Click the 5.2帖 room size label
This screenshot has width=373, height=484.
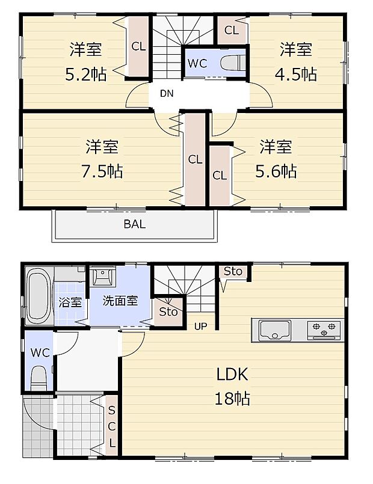coord(86,75)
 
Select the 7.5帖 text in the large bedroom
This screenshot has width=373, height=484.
coord(102,171)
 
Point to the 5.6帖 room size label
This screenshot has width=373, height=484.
coord(276,171)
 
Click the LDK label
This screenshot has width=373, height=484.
coord(233,374)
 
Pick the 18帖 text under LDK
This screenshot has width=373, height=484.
coord(233,398)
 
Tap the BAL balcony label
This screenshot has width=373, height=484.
coord(135,225)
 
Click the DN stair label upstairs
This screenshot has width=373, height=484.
coord(167,93)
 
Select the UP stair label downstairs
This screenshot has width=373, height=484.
coord(200,326)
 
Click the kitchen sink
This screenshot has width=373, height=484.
coord(275,330)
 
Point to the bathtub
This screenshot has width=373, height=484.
coord(39,296)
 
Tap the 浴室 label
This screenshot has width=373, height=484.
coord(70,302)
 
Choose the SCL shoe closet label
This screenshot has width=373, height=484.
coord(111,427)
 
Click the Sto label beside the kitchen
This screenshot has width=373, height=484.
coord(233,271)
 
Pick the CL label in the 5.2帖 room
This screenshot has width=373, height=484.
coord(138,46)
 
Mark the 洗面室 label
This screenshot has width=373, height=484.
coord(120,301)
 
